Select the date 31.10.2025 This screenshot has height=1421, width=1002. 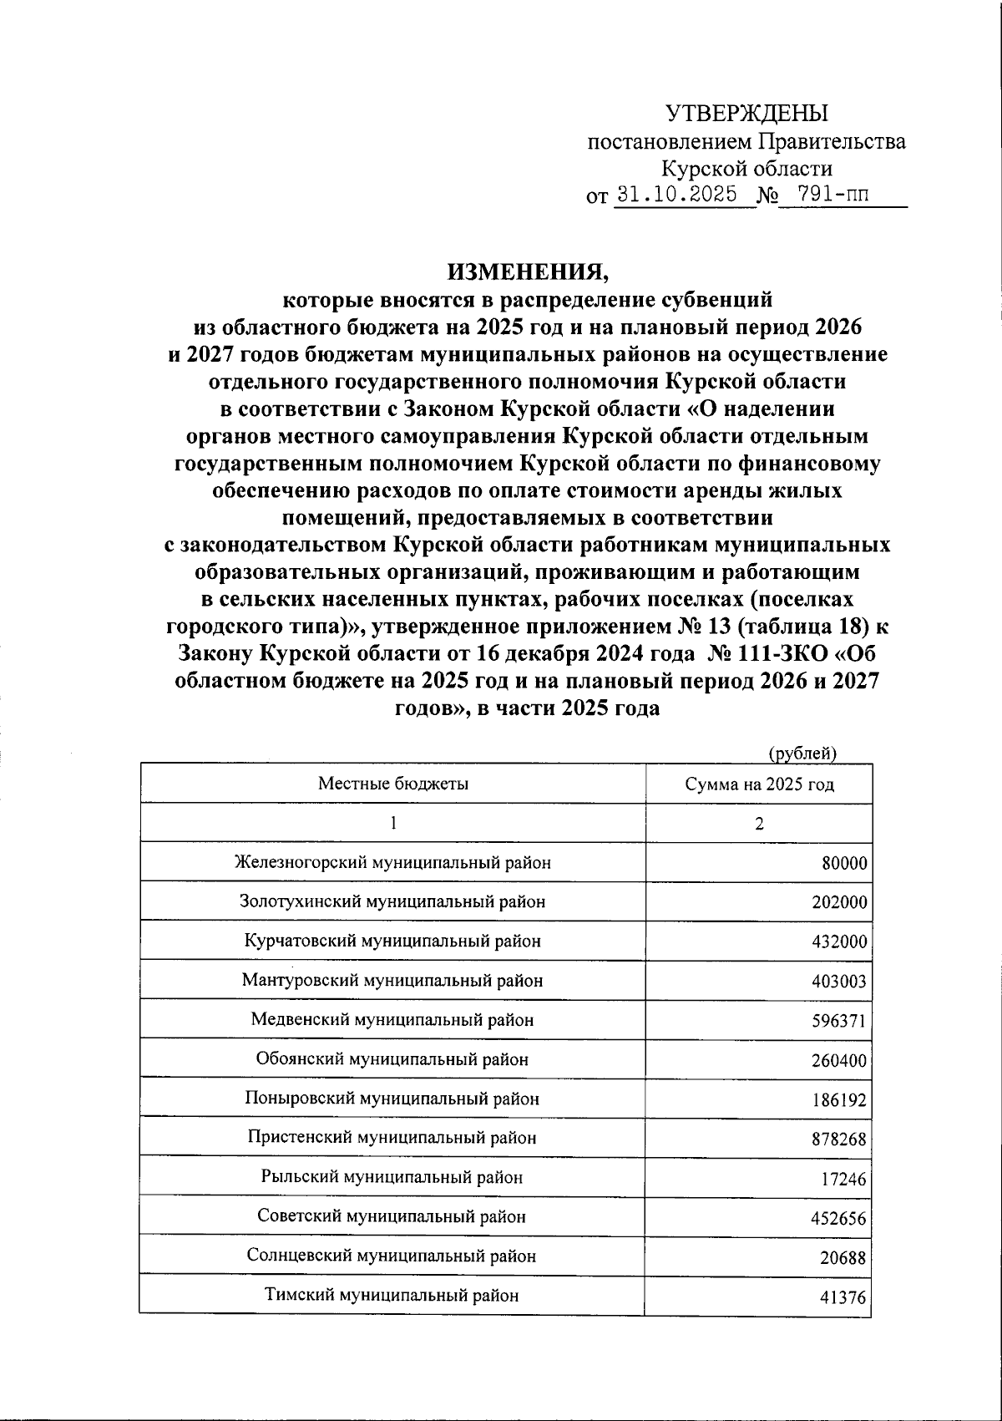tap(676, 195)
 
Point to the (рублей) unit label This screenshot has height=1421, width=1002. tap(802, 753)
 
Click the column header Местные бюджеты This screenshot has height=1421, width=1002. tap(392, 784)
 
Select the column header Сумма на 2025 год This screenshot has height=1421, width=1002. tap(759, 784)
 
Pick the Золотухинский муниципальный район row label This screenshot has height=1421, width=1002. tap(392, 902)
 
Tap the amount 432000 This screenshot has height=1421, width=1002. tap(839, 941)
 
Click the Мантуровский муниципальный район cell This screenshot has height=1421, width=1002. tap(392, 980)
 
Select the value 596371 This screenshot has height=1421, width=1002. tap(839, 1020)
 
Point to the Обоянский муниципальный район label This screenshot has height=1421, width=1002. tap(392, 1059)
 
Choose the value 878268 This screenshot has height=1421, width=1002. tap(839, 1139)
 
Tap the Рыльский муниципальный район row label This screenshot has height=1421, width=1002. tap(392, 1177)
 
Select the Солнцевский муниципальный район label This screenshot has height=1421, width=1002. tap(392, 1256)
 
